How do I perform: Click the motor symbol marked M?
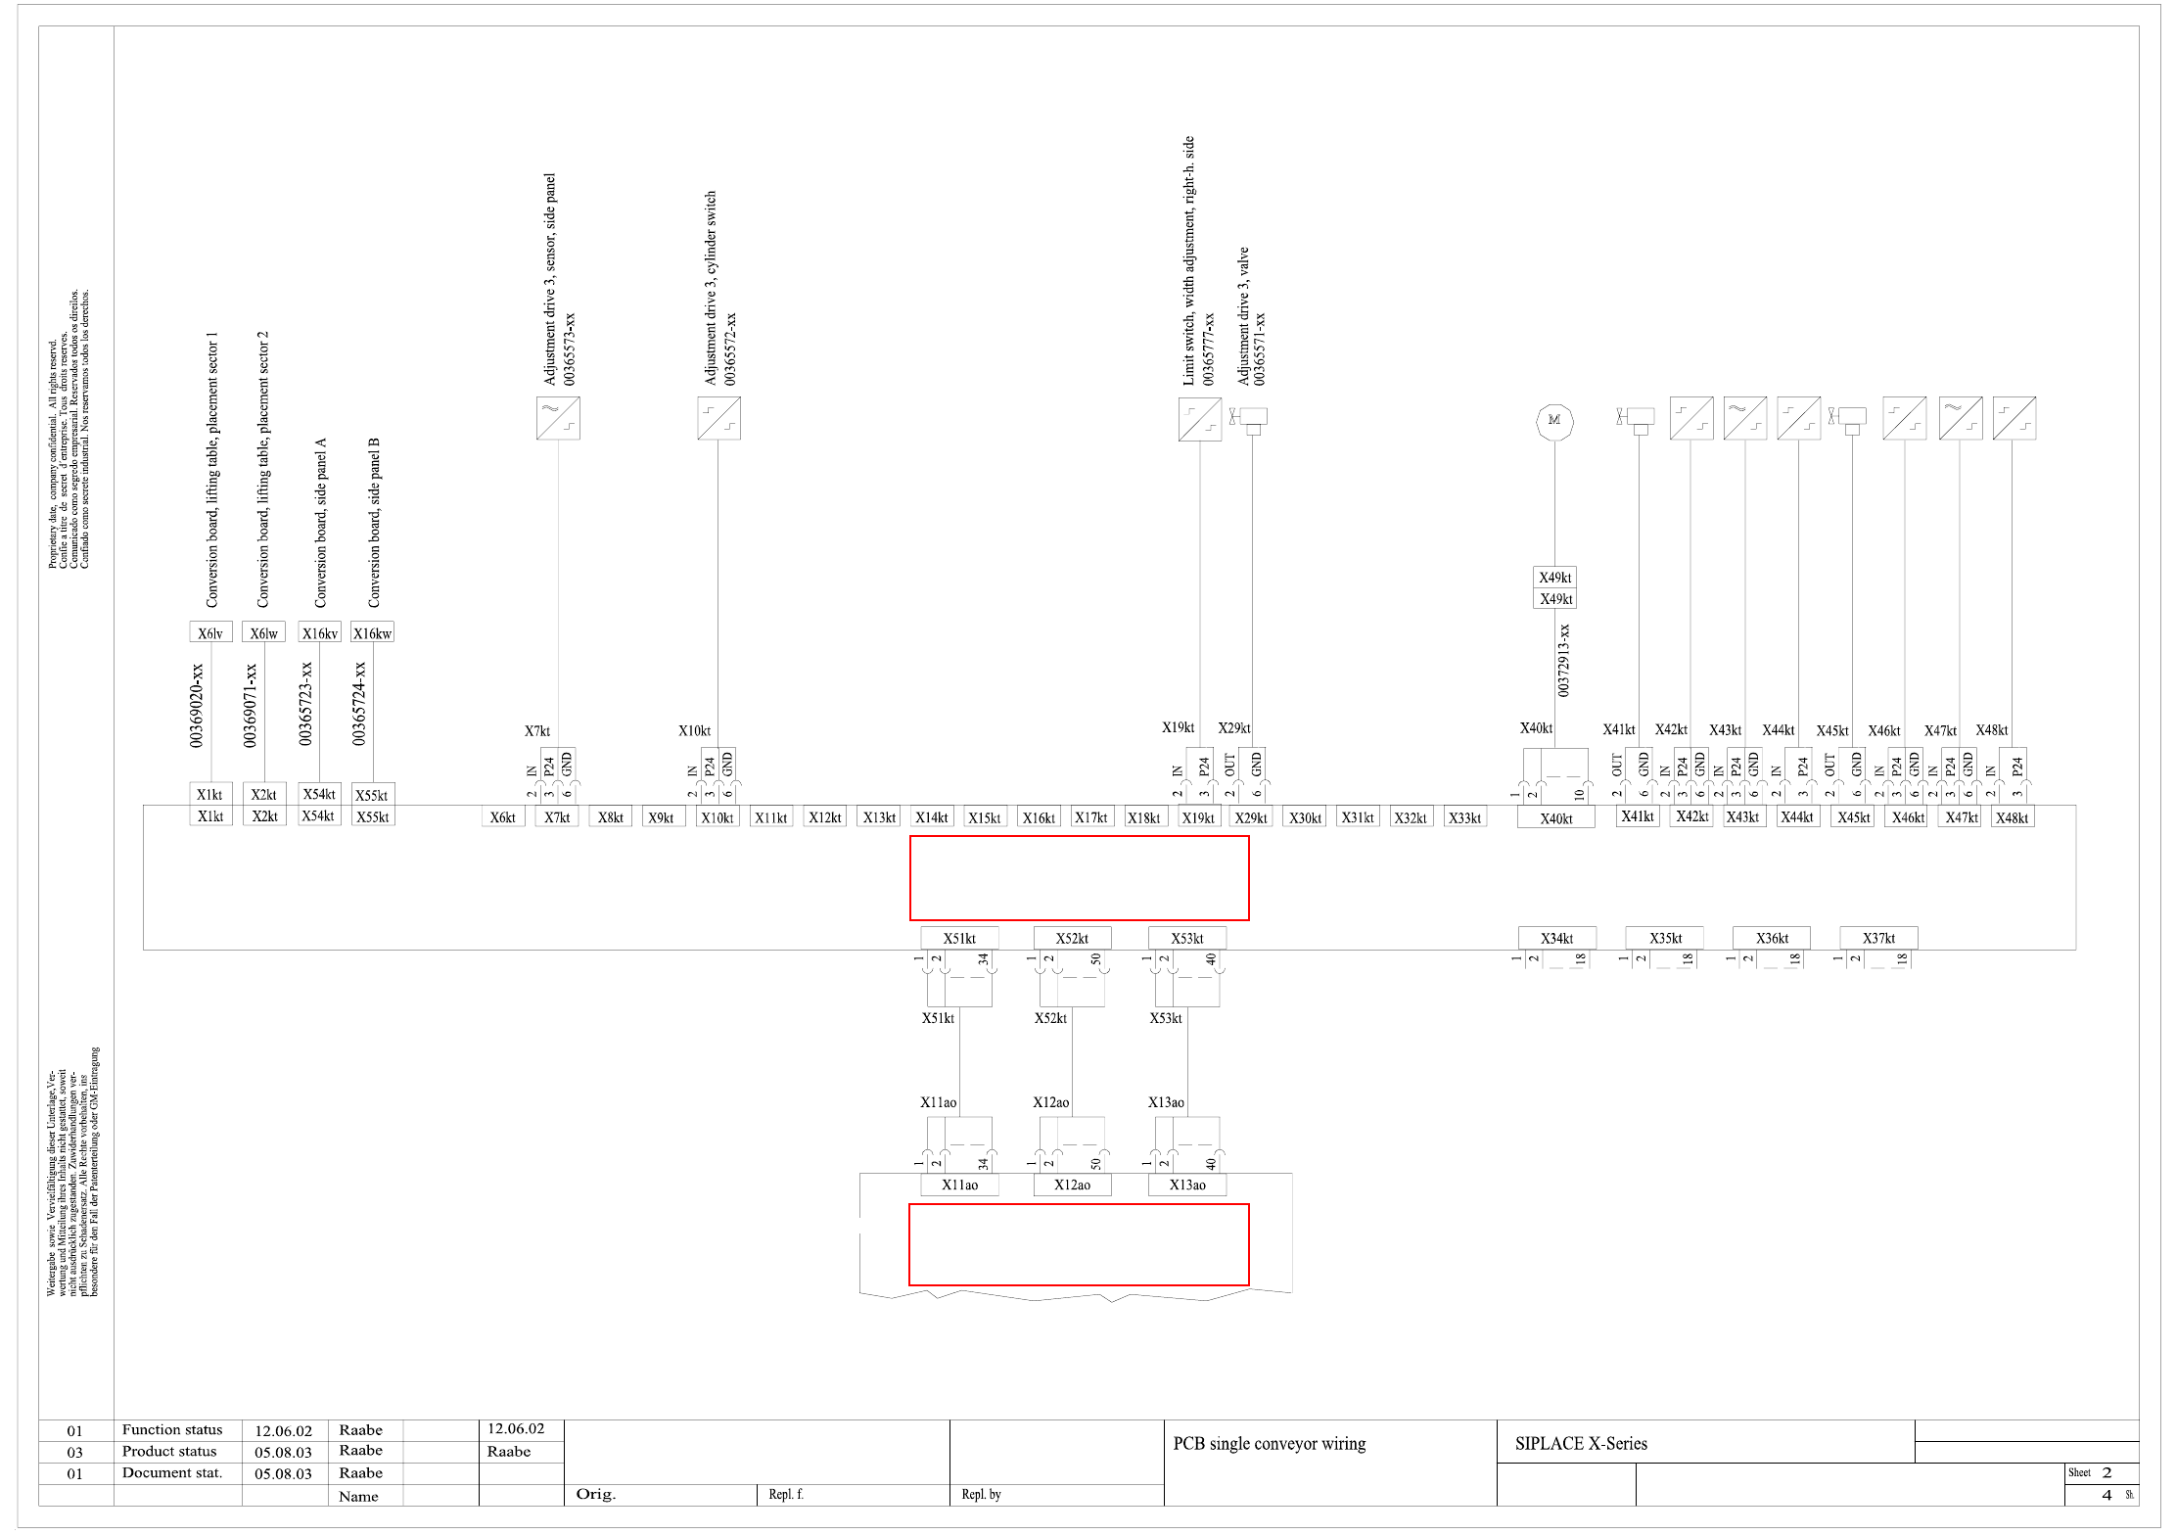point(1554,421)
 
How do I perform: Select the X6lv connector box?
point(210,633)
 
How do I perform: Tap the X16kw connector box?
point(372,633)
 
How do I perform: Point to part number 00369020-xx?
point(197,705)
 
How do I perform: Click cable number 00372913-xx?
point(1563,661)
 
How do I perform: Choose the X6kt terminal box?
point(503,817)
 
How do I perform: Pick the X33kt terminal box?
point(1464,817)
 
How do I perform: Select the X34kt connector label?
point(1556,938)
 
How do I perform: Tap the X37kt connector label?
point(1878,938)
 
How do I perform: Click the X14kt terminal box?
point(932,817)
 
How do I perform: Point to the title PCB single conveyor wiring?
point(1270,1443)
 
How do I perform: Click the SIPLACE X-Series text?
point(1581,1443)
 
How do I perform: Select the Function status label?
point(172,1430)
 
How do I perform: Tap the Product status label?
point(169,1452)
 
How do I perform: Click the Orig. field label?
point(595,1494)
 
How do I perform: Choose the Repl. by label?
point(981,1494)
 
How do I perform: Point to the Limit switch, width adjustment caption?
point(1188,260)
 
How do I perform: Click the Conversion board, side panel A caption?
point(320,523)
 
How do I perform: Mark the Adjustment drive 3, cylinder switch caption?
point(711,288)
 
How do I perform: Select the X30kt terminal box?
point(1305,817)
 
